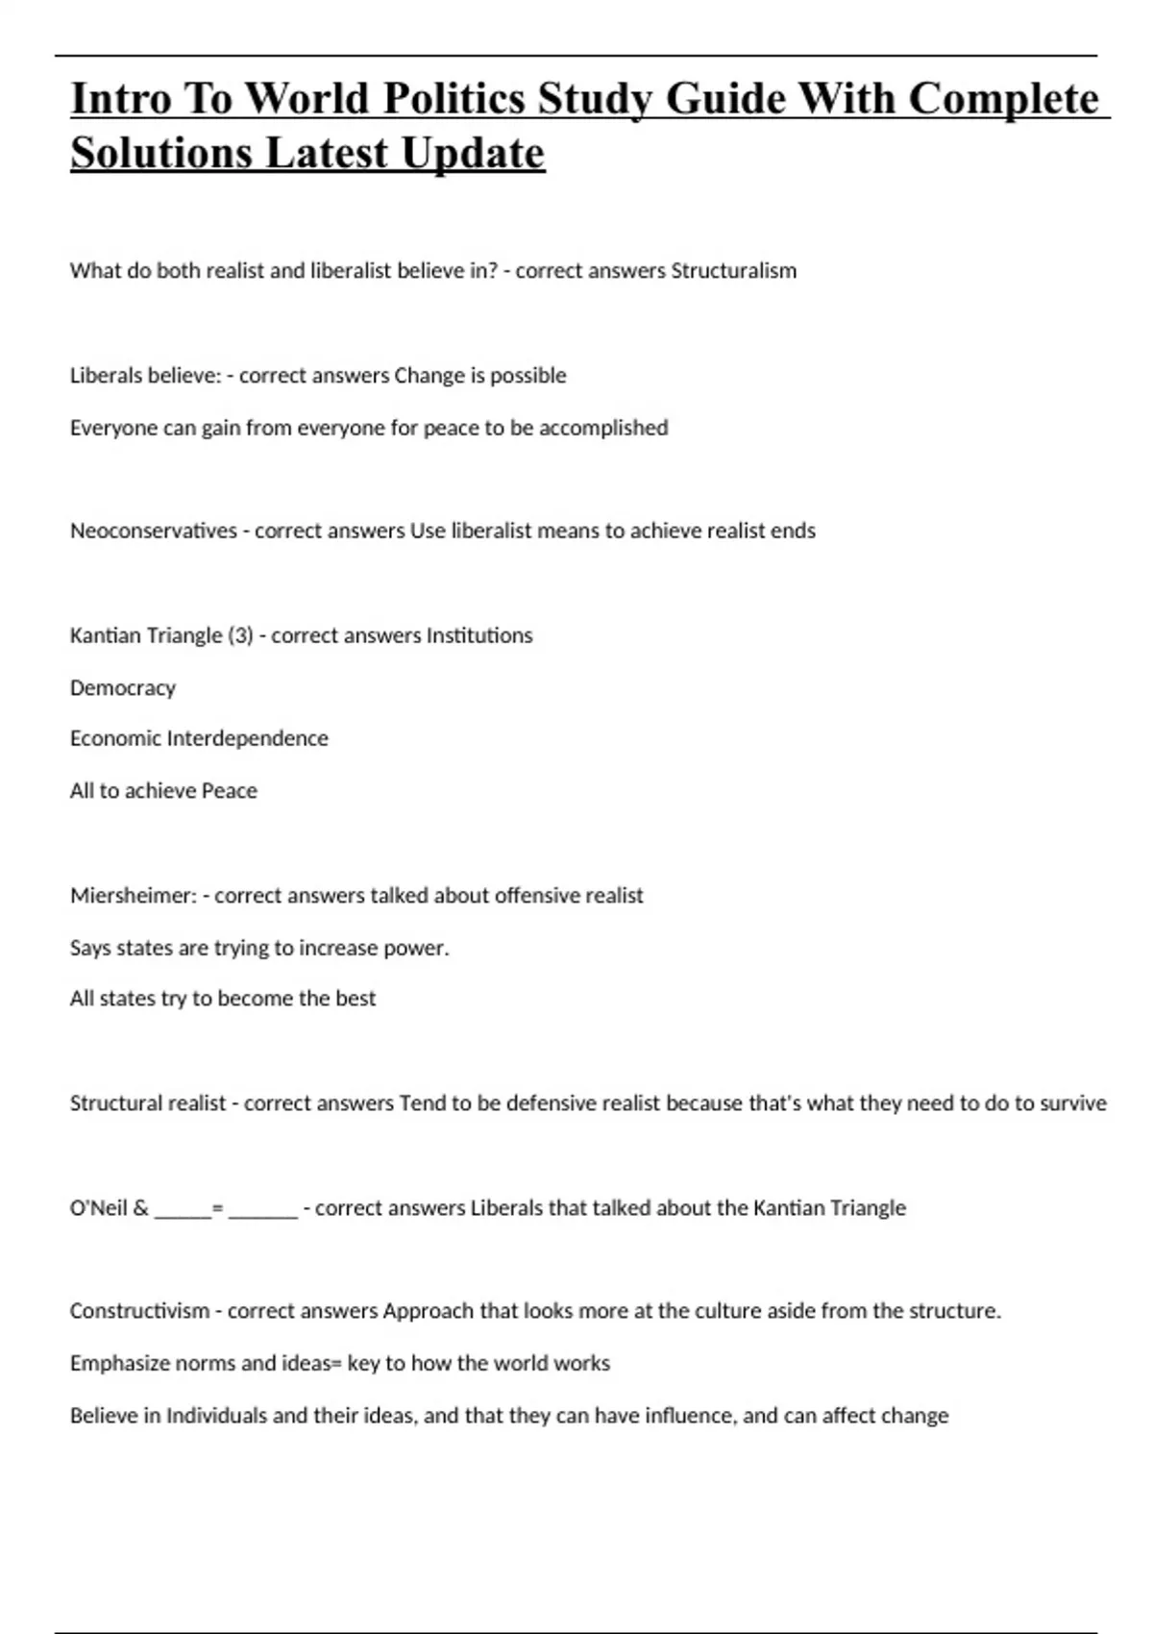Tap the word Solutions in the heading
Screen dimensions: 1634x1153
[160, 153]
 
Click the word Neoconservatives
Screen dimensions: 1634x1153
[154, 531]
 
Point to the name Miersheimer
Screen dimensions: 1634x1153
[134, 896]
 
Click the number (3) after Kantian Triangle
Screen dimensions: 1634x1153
[240, 635]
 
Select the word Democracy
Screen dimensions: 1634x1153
[123, 688]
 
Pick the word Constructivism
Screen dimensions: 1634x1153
[139, 1311]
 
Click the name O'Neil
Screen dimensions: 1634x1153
[99, 1208]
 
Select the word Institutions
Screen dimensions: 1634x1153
[478, 635]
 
